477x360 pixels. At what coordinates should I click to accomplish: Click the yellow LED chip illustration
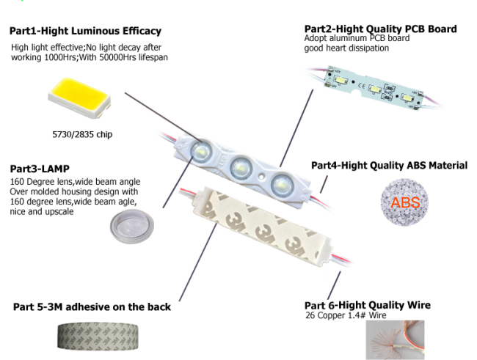(x=79, y=98)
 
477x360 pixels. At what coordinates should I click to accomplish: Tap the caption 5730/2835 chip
(x=82, y=134)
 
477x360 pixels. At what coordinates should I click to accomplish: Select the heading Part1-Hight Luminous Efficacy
(x=85, y=31)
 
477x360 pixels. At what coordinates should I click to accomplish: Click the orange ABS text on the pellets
(x=405, y=203)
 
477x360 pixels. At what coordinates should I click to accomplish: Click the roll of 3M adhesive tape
(x=98, y=337)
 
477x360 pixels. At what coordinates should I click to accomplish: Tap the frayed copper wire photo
(x=395, y=339)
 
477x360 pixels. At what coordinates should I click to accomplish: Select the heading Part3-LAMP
(x=40, y=169)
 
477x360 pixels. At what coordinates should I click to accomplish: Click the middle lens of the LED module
(x=241, y=167)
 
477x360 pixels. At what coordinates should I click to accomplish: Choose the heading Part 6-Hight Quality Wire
(x=368, y=305)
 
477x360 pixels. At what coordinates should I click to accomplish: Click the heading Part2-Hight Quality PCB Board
(x=381, y=29)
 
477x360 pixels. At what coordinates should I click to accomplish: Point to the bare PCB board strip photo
(x=375, y=88)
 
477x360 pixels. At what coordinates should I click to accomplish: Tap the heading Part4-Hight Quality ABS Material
(x=389, y=166)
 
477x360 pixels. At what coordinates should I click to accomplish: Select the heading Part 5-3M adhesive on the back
(x=92, y=307)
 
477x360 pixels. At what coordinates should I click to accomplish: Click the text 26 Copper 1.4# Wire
(x=346, y=315)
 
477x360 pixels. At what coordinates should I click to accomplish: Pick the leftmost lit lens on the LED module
(x=201, y=150)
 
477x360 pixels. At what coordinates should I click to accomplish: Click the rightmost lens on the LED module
(x=281, y=185)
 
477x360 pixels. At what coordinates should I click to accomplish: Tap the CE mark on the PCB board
(x=361, y=86)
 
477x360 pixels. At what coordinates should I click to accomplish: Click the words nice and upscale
(x=42, y=212)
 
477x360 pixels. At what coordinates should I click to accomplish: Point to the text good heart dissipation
(x=346, y=48)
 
